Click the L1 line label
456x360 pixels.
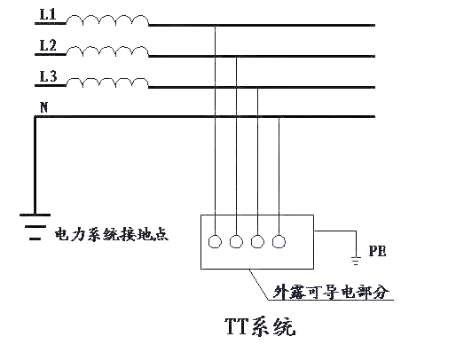[x=48, y=17]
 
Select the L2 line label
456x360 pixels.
[x=48, y=45]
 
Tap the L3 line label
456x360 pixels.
[x=48, y=77]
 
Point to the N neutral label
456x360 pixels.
[x=43, y=107]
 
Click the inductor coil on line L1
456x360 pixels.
[x=107, y=22]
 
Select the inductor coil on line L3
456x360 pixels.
[x=107, y=82]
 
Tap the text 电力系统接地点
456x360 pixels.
[x=112, y=236]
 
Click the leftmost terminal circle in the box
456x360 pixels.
[x=216, y=240]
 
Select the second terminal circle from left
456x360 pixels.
[x=237, y=240]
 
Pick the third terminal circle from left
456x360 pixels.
[x=258, y=240]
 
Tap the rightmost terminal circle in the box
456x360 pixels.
[x=279, y=240]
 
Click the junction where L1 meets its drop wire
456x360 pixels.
[x=216, y=27]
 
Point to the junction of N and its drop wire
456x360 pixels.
[x=279, y=116]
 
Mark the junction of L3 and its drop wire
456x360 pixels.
[x=258, y=87]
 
